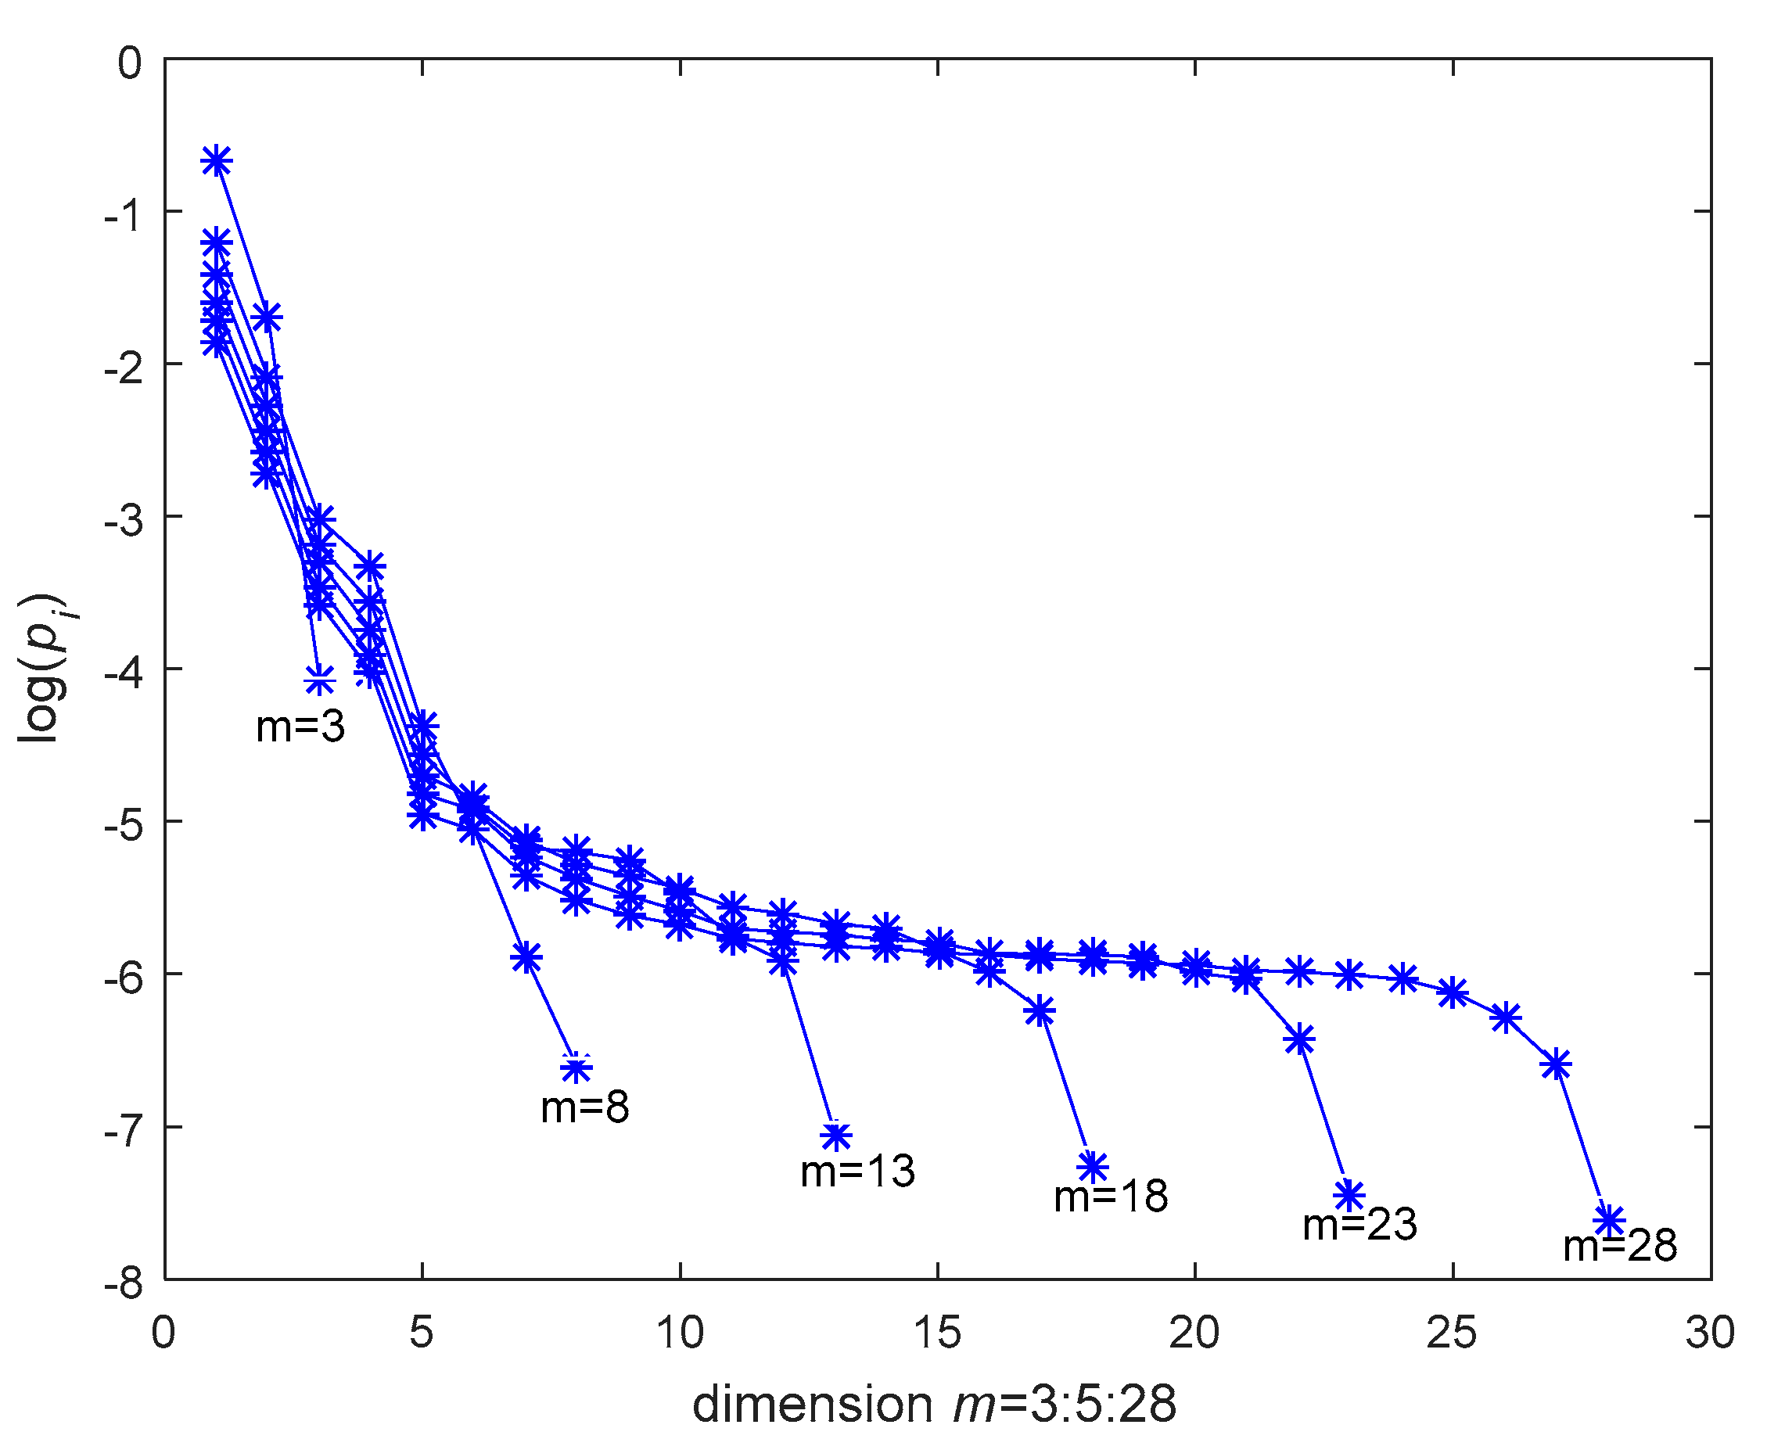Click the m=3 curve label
300,727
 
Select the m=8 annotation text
584,1107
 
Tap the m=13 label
857,1172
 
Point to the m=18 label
1110,1196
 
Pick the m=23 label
1360,1224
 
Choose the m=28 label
1619,1246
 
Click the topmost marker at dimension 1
217,161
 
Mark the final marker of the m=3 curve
319,681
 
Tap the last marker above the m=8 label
576,1069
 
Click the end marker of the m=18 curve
1093,1167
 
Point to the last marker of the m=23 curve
1350,1195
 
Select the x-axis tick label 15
937,1333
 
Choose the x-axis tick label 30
1710,1333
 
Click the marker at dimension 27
1557,1065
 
